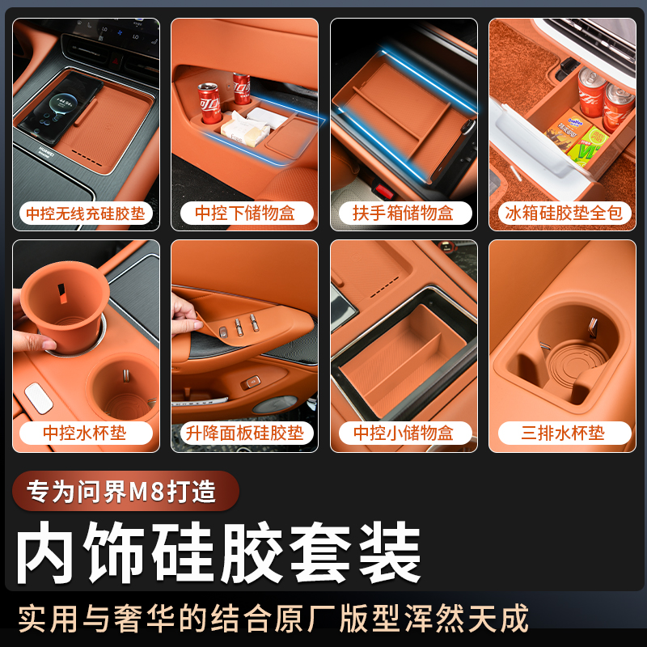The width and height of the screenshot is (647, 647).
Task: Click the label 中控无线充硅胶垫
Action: click(86, 214)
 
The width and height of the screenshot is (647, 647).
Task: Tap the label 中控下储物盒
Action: click(244, 214)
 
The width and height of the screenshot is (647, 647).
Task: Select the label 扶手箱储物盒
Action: click(404, 214)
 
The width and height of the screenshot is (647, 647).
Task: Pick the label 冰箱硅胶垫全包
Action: click(563, 214)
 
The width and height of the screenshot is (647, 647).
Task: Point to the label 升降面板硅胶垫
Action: click(244, 433)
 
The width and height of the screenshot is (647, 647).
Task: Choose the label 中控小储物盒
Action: click(404, 433)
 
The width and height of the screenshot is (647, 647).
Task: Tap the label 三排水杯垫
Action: click(563, 433)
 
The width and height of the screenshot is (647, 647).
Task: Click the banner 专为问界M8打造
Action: click(125, 492)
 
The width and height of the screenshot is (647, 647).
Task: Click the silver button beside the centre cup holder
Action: click(37, 394)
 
